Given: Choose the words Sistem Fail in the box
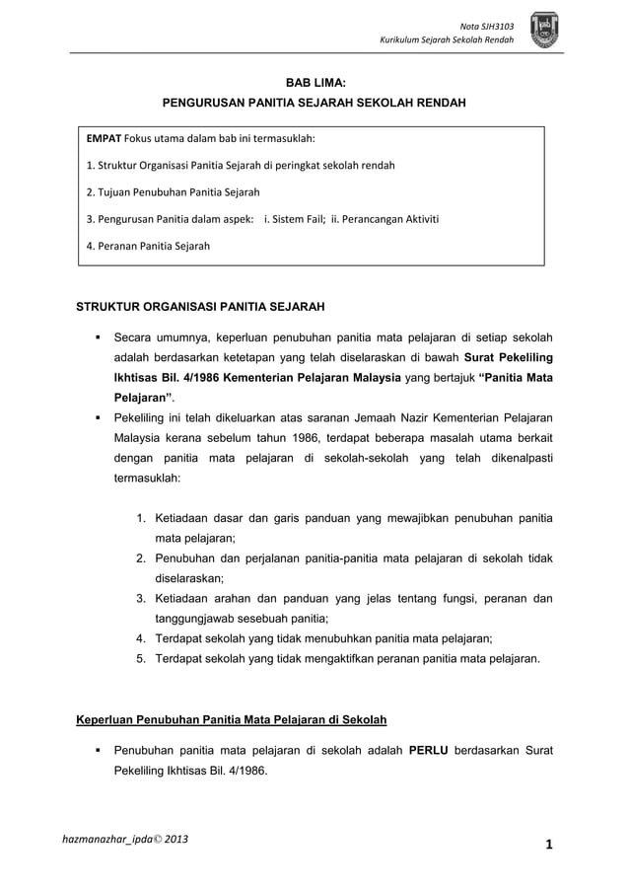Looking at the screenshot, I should coord(297,218).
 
